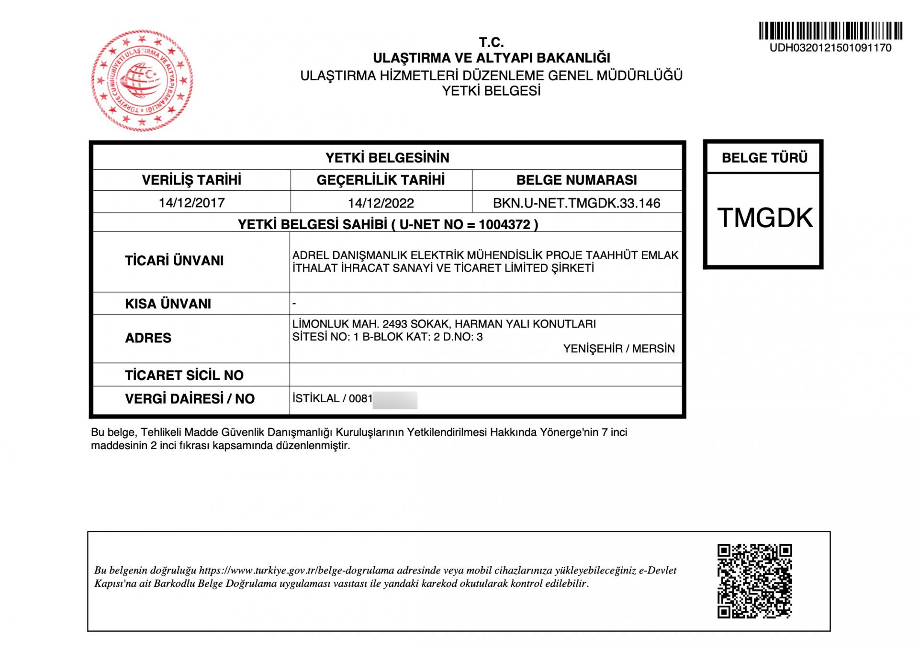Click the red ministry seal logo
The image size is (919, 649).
[x=142, y=80]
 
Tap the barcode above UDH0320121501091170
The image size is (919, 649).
[x=830, y=31]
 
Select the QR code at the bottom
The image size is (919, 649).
[x=754, y=581]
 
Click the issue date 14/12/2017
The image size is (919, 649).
[x=191, y=203]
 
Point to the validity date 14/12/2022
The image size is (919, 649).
[x=381, y=203]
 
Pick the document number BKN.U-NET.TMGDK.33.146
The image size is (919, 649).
[x=576, y=203]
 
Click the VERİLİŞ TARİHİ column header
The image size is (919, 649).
[x=191, y=180]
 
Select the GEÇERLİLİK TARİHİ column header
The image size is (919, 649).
[x=381, y=180]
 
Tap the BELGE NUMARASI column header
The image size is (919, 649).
[x=576, y=180]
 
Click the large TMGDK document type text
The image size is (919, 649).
[x=764, y=218]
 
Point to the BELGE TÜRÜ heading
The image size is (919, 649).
[x=764, y=158]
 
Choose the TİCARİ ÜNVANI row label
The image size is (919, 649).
[x=174, y=261]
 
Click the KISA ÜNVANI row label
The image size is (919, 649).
[x=168, y=304]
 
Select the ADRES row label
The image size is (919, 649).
[x=148, y=338]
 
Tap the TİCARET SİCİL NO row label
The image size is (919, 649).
[x=184, y=375]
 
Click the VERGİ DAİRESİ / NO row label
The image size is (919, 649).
[x=190, y=399]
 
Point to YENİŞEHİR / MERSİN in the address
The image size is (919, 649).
[x=618, y=349]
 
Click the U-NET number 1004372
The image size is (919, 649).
[x=504, y=225]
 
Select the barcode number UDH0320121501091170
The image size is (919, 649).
[x=830, y=48]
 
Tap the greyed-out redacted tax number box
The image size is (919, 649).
[x=395, y=400]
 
